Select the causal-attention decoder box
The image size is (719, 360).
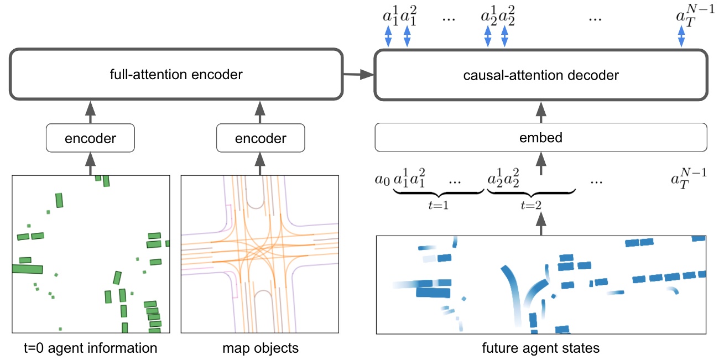pyautogui.click(x=541, y=74)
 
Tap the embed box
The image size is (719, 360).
pyautogui.click(x=541, y=137)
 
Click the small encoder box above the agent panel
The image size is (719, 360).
pyautogui.click(x=91, y=138)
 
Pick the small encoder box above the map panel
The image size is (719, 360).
pyautogui.click(x=260, y=138)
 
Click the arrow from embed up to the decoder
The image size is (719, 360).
pyautogui.click(x=541, y=112)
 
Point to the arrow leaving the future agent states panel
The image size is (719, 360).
pyautogui.click(x=541, y=223)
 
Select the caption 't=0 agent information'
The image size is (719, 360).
pyautogui.click(x=91, y=348)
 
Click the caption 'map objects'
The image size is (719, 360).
pyautogui.click(x=260, y=348)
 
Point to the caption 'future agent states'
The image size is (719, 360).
pyautogui.click(x=541, y=348)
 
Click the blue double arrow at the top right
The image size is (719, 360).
pyautogui.click(x=681, y=37)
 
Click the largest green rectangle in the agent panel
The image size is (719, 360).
pyautogui.click(x=27, y=269)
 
